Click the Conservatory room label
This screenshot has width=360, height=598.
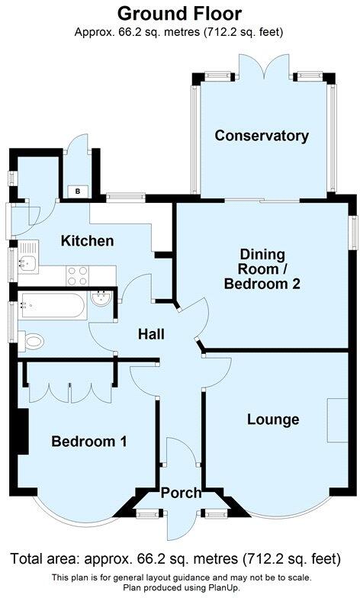coord(262,137)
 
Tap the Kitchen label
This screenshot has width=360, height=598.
coord(88,241)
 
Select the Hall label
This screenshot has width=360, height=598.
coord(151,333)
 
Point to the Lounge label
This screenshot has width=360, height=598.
coord(272,419)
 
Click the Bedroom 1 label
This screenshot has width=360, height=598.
coord(89,441)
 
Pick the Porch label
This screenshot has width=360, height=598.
coord(181,492)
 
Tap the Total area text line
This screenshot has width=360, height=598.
coord(180,558)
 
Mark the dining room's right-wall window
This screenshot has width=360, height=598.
coord(353,231)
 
